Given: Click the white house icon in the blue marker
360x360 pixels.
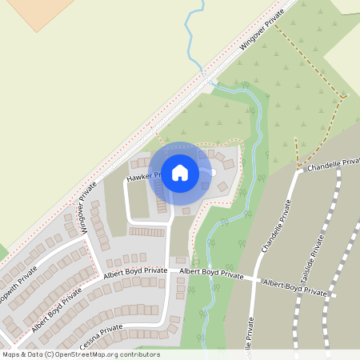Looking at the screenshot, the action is (x=179, y=172).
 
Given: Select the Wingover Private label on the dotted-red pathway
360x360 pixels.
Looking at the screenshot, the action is (x=263, y=34).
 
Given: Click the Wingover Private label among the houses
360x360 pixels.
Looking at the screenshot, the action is (x=87, y=206).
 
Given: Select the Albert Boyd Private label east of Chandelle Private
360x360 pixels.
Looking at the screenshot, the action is (x=295, y=289).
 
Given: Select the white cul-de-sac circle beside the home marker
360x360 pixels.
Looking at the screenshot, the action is (x=213, y=172).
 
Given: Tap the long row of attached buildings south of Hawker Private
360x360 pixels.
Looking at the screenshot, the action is (x=146, y=231).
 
